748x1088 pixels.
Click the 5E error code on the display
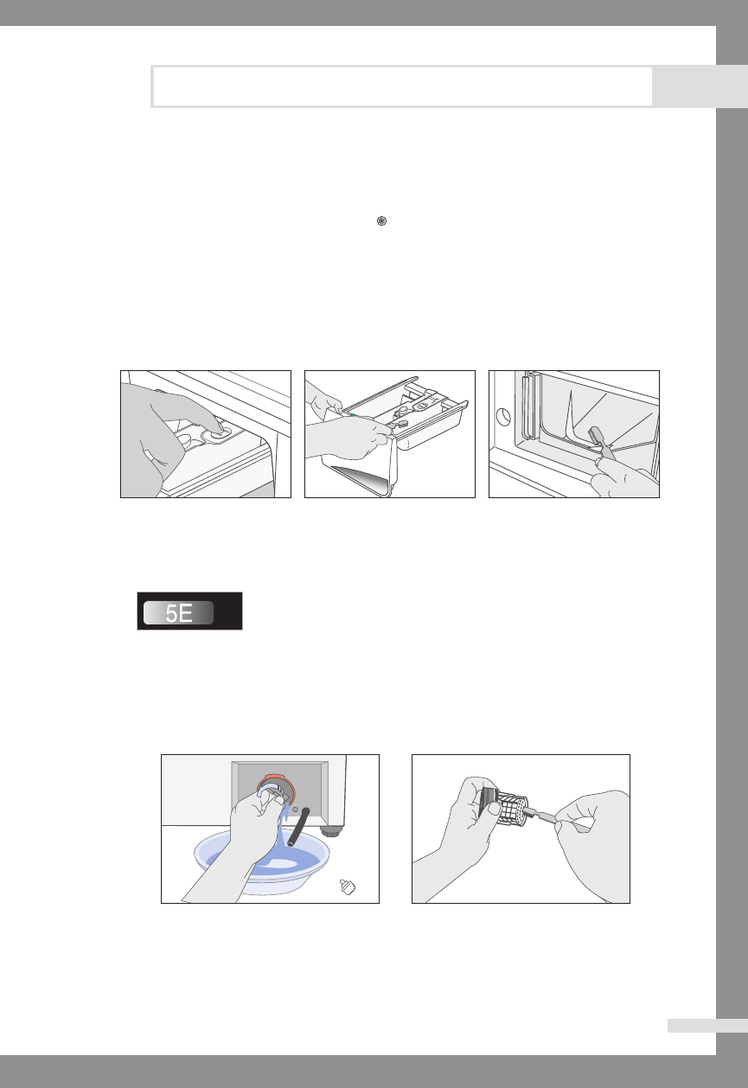[x=179, y=613]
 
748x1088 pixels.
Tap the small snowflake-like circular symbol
[x=381, y=221]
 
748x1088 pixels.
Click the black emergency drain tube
[x=298, y=826]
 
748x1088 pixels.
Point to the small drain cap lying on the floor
[x=348, y=886]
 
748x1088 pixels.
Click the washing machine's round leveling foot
[x=330, y=831]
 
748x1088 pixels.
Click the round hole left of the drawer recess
[x=503, y=417]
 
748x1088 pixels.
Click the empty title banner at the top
[x=402, y=86]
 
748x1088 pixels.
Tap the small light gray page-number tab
[x=707, y=1026]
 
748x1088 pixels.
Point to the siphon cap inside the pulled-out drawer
[x=401, y=412]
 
